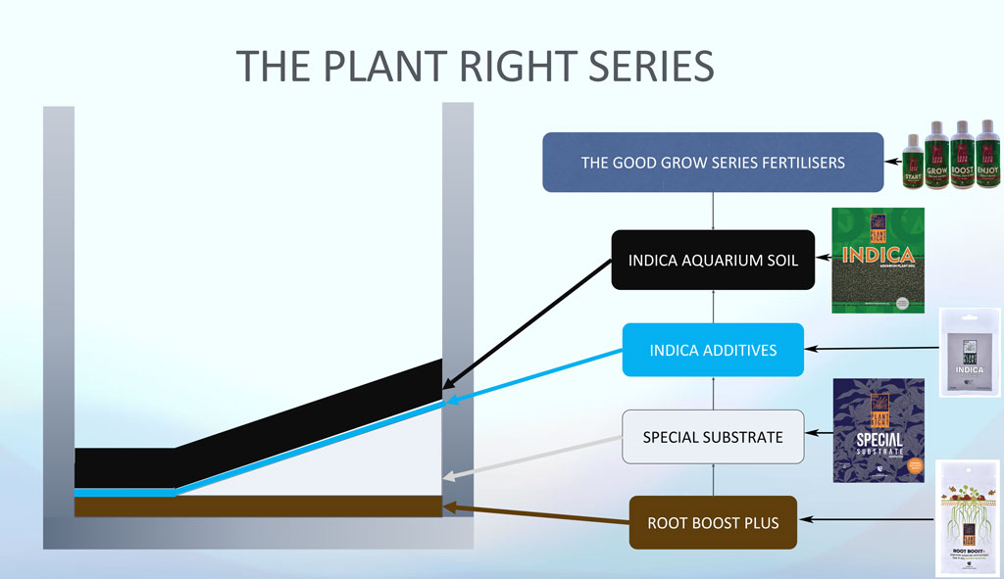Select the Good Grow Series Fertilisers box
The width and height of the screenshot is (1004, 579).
tap(713, 163)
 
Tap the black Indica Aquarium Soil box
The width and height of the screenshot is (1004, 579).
tap(713, 261)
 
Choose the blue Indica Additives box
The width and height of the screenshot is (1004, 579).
tap(713, 350)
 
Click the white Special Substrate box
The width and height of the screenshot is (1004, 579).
tap(713, 437)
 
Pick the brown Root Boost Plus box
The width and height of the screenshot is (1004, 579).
tap(713, 523)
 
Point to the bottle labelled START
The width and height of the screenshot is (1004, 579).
tap(913, 167)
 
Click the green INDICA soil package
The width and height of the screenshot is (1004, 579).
tap(878, 260)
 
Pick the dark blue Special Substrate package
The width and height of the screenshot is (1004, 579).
tap(878, 430)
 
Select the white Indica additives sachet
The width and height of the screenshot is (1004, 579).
tap(970, 353)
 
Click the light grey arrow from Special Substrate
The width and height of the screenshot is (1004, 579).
tap(534, 455)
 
